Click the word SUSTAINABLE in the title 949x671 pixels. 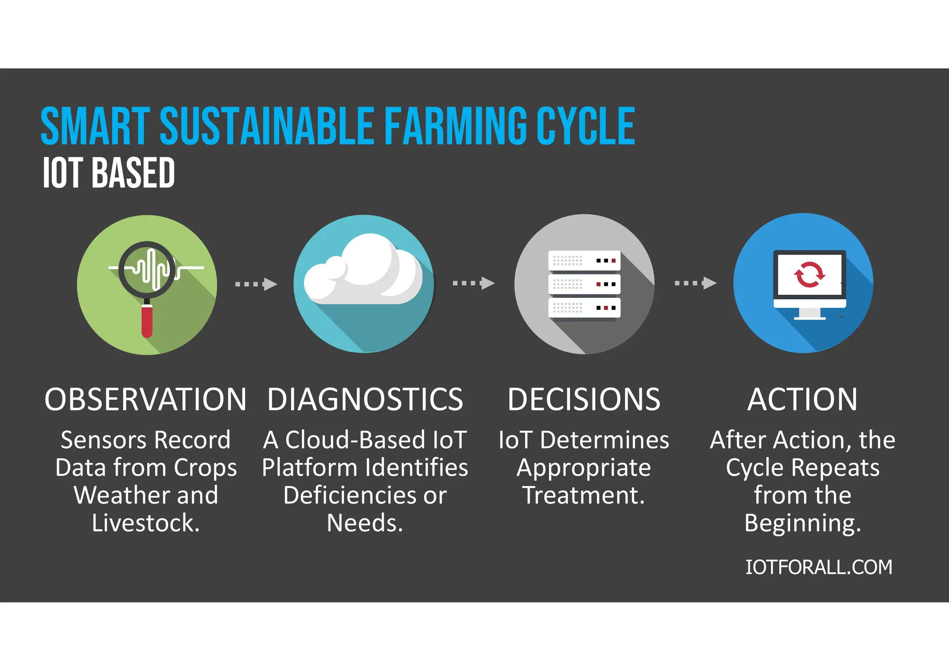(266, 126)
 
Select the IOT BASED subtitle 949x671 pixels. (108, 173)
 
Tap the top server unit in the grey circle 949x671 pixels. (584, 261)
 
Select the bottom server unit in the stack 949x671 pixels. (584, 308)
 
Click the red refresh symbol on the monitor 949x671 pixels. (809, 274)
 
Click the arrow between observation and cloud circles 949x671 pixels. (256, 284)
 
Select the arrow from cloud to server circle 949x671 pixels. (473, 283)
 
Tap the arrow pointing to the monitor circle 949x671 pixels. (695, 283)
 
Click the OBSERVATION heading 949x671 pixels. (146, 399)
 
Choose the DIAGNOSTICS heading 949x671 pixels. (365, 399)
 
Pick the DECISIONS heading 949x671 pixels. (584, 399)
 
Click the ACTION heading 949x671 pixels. (803, 399)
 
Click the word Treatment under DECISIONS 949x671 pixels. (583, 495)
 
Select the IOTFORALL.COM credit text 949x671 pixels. (818, 567)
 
